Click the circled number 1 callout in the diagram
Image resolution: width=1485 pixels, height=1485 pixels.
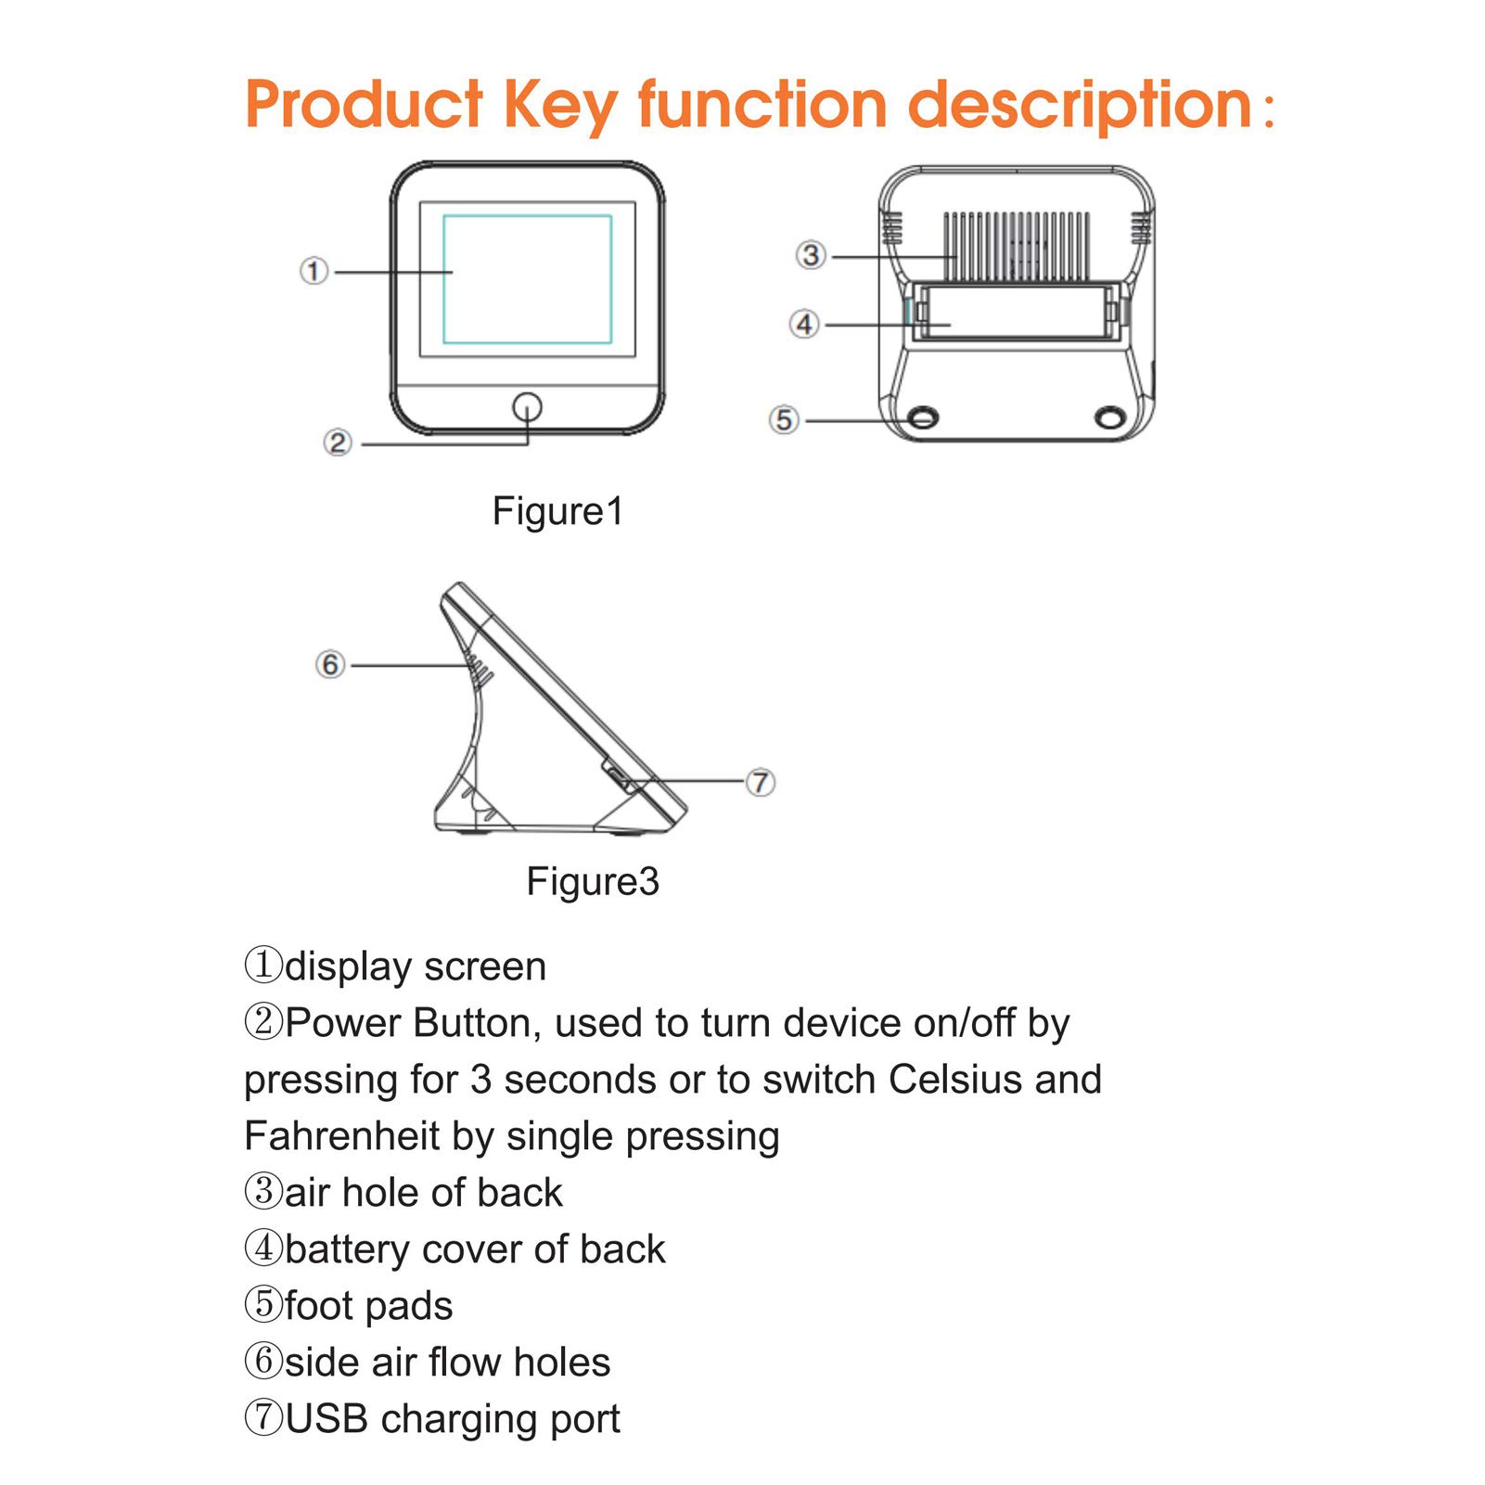[x=314, y=271]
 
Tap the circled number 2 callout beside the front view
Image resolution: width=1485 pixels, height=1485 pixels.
[x=338, y=442]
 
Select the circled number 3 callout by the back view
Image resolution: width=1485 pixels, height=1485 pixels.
[x=811, y=255]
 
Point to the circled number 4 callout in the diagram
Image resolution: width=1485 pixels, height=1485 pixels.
[x=804, y=325]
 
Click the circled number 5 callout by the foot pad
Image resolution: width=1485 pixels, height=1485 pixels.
[x=784, y=420]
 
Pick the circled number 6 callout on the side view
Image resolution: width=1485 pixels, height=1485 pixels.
[x=330, y=664]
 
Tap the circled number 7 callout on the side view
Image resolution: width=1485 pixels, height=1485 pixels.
[x=761, y=782]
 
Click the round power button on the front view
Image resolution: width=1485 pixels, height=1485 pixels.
[x=527, y=406]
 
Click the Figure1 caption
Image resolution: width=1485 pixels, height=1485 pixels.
[x=557, y=511]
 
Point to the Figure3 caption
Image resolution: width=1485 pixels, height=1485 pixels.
[x=593, y=881]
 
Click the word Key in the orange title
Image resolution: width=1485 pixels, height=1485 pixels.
[x=560, y=106]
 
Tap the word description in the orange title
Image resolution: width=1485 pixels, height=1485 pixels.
[x=1081, y=106]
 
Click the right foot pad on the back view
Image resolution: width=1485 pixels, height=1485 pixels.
[x=1109, y=417]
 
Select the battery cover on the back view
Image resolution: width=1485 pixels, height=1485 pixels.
[x=1018, y=313]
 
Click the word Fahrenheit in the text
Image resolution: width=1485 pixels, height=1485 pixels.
[x=341, y=1135]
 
